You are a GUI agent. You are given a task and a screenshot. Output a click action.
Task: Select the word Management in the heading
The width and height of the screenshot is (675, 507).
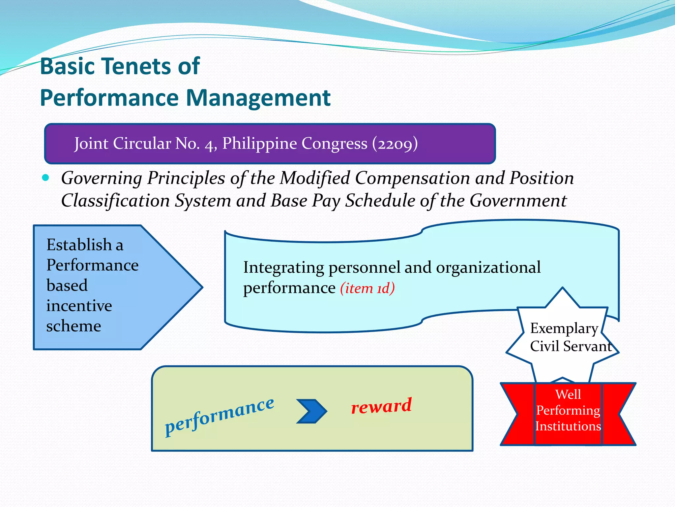pyautogui.click(x=258, y=98)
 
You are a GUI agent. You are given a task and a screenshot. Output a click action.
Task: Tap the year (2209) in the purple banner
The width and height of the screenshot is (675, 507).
pyautogui.click(x=395, y=144)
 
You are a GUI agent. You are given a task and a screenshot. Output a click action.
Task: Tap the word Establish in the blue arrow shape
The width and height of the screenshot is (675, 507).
pyautogui.click(x=79, y=245)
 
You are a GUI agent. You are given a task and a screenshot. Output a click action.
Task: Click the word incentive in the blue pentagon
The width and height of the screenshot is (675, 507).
pyautogui.click(x=79, y=306)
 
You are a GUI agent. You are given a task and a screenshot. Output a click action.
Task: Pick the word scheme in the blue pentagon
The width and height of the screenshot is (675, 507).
pyautogui.click(x=73, y=326)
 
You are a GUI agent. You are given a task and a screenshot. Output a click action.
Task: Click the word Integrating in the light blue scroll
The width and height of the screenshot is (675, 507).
pyautogui.click(x=283, y=268)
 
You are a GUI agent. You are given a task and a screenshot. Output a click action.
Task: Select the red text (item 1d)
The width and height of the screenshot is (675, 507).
pyautogui.click(x=367, y=288)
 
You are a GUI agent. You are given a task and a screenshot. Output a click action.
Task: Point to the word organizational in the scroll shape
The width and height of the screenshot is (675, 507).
pyautogui.click(x=488, y=267)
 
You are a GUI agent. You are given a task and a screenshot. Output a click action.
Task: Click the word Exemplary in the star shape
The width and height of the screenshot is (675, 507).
pyautogui.click(x=564, y=328)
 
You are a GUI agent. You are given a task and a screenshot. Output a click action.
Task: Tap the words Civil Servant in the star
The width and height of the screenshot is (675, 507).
pyautogui.click(x=571, y=346)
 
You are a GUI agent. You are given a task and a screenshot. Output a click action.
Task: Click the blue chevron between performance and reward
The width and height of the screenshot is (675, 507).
pyautogui.click(x=311, y=411)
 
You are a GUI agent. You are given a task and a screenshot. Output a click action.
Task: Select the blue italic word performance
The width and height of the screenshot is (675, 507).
pyautogui.click(x=219, y=417)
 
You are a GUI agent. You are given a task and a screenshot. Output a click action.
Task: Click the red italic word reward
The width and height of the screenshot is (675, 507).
pyautogui.click(x=381, y=406)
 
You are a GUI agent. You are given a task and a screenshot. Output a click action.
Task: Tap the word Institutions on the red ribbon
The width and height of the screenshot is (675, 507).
pyautogui.click(x=568, y=426)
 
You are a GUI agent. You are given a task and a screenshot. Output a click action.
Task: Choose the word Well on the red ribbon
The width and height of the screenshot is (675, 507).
pyautogui.click(x=568, y=394)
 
